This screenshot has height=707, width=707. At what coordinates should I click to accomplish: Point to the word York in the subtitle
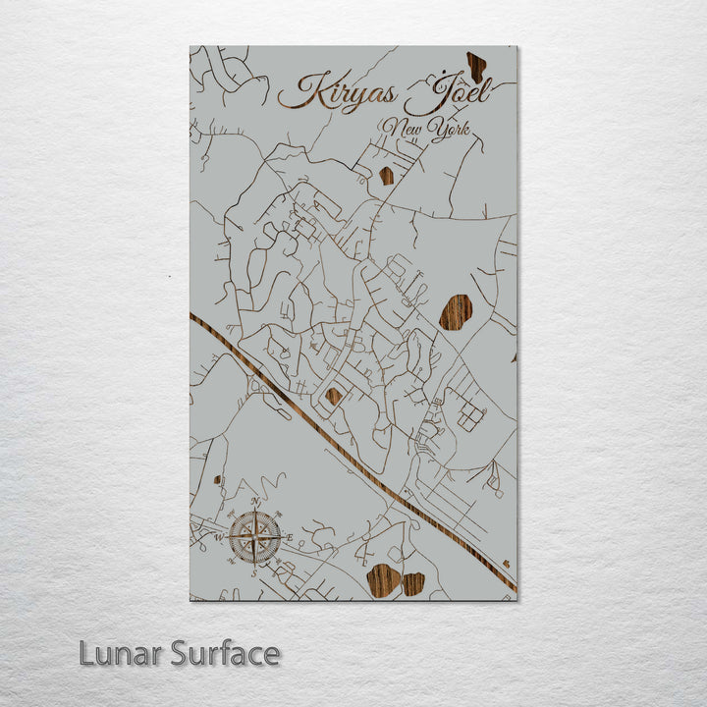pyautogui.click(x=451, y=130)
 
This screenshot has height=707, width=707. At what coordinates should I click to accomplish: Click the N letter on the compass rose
pyautogui.click(x=255, y=502)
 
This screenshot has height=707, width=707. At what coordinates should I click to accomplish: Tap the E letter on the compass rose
pyautogui.click(x=291, y=536)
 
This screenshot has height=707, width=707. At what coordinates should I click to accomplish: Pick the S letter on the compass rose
pyautogui.click(x=255, y=571)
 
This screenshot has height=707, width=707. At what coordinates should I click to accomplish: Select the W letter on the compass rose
pyautogui.click(x=220, y=537)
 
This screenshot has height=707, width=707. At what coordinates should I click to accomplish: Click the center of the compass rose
pyautogui.click(x=255, y=537)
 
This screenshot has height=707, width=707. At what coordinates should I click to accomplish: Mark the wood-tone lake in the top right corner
pyautogui.click(x=476, y=66)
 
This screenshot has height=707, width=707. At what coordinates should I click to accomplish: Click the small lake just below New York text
pyautogui.click(x=386, y=176)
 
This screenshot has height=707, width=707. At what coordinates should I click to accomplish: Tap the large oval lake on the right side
pyautogui.click(x=455, y=311)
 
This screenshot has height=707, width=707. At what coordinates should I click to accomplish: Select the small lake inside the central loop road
pyautogui.click(x=334, y=396)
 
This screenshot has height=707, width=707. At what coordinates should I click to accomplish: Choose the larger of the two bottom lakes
pyautogui.click(x=383, y=580)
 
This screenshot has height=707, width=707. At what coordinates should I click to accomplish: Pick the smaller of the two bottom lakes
pyautogui.click(x=413, y=583)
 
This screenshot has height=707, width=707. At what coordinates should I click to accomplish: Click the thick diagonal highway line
pyautogui.click(x=334, y=442)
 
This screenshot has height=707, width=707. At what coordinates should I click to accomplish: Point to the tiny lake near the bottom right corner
pyautogui.click(x=506, y=564)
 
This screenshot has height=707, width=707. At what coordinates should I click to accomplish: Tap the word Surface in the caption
pyautogui.click(x=222, y=654)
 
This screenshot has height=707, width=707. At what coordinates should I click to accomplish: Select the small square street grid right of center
pyautogui.click(x=470, y=418)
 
